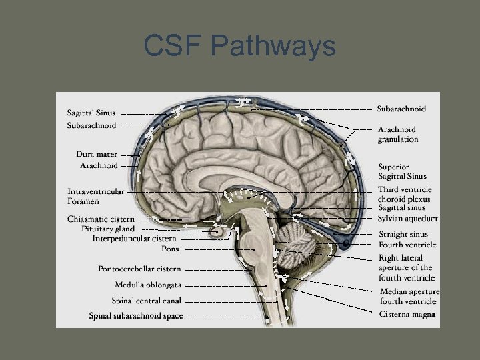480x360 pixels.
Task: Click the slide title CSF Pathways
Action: pyautogui.click(x=239, y=47)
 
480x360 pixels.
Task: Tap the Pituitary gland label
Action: pyautogui.click(x=108, y=229)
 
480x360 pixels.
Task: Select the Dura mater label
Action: pyautogui.click(x=97, y=154)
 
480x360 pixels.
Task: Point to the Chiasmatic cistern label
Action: pyautogui.click(x=101, y=219)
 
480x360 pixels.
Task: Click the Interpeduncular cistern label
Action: pyautogui.click(x=134, y=238)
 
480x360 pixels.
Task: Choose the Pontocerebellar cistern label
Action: pyautogui.click(x=139, y=269)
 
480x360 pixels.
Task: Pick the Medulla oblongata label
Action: pyautogui.click(x=147, y=285)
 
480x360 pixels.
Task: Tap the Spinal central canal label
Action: pyautogui.click(x=146, y=301)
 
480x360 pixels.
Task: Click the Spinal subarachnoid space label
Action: pyautogui.click(x=136, y=316)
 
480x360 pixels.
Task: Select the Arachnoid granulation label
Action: pyautogui.click(x=397, y=134)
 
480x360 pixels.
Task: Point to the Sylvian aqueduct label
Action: pyautogui.click(x=407, y=219)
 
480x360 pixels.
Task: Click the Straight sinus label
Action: pyautogui.click(x=403, y=234)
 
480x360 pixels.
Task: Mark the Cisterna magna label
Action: pyautogui.click(x=407, y=314)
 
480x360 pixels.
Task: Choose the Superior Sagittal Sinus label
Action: pyautogui.click(x=402, y=171)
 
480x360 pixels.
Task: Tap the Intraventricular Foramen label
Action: pyautogui.click(x=95, y=196)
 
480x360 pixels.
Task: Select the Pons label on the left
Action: pyautogui.click(x=170, y=249)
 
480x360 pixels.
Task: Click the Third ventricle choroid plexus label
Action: pyautogui.click(x=405, y=194)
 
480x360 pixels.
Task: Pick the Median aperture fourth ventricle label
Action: pyautogui.click(x=409, y=296)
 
